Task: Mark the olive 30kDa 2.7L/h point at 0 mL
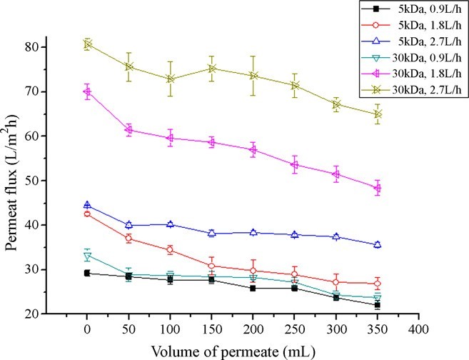pyautogui.click(x=87, y=44)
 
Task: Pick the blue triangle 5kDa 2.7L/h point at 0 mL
pyautogui.click(x=87, y=206)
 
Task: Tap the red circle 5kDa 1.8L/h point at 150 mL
pyautogui.click(x=211, y=266)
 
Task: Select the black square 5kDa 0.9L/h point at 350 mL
pyautogui.click(x=378, y=305)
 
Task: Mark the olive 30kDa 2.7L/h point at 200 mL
pyautogui.click(x=253, y=76)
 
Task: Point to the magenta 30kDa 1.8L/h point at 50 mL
pyautogui.click(x=128, y=130)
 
